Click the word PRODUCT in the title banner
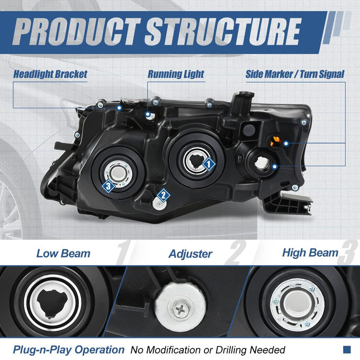[x=76, y=32]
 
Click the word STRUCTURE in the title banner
[x=223, y=32]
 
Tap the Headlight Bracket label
[x=50, y=74]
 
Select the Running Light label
[x=176, y=74]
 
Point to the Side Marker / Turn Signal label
[x=295, y=74]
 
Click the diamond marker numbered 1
[x=209, y=164]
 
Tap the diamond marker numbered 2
[x=164, y=195]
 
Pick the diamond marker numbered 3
[x=109, y=186]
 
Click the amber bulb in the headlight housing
[x=275, y=141]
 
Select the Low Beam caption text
[x=64, y=254]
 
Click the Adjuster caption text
[x=191, y=254]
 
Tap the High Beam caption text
[x=310, y=253]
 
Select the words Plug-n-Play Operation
[x=69, y=349]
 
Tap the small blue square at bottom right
[x=347, y=349]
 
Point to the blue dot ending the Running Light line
[x=148, y=114]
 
